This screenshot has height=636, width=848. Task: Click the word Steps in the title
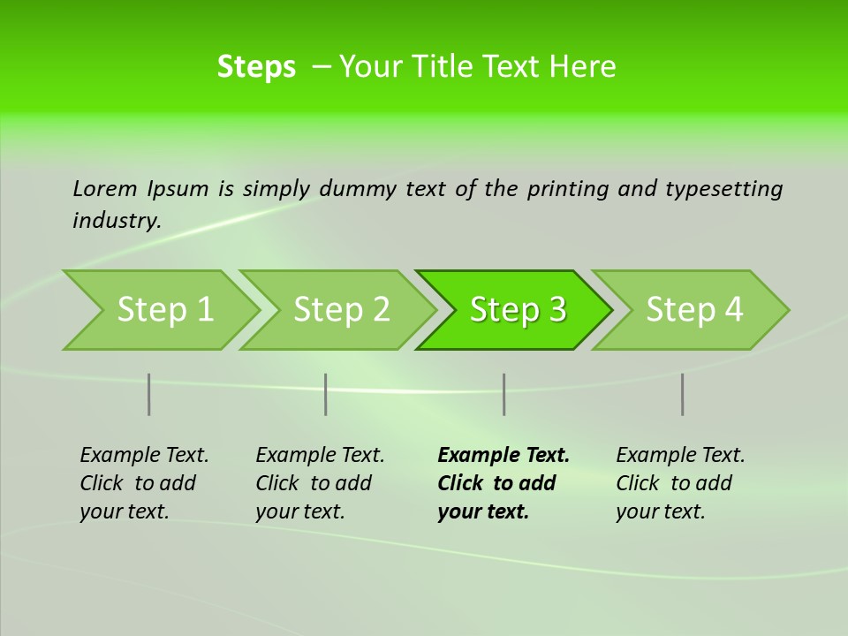click(256, 67)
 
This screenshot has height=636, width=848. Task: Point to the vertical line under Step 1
click(149, 394)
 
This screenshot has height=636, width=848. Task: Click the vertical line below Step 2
click(326, 394)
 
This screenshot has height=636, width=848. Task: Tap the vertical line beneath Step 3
click(504, 394)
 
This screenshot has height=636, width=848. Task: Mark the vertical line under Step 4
click(683, 394)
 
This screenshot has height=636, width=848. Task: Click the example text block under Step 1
click(143, 483)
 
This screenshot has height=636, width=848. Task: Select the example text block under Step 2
click(319, 483)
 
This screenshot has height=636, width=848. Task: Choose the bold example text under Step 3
click(503, 483)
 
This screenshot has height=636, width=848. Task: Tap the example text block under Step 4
click(679, 483)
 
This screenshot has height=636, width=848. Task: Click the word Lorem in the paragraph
click(105, 189)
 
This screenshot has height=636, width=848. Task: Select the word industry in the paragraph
click(116, 221)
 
